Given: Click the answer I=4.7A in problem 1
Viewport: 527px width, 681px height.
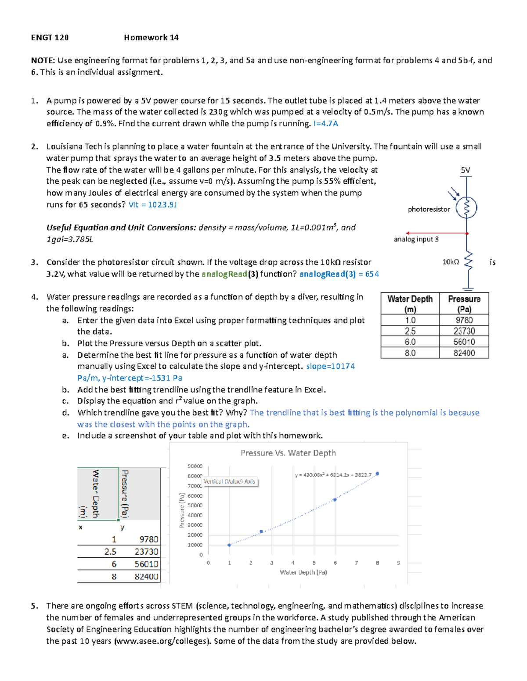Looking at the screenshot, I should (325, 124).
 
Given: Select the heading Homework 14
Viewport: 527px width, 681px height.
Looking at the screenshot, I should (151, 38).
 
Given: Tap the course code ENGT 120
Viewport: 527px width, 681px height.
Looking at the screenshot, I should (50, 38).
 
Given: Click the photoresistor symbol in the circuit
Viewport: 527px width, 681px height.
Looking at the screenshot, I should (466, 208).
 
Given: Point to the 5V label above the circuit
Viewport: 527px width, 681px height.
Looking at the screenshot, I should (466, 170).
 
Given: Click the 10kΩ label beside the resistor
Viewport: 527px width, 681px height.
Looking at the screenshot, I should (451, 262).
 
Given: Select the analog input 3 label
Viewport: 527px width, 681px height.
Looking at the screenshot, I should (416, 239).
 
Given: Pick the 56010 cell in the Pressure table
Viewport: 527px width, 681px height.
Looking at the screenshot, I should (464, 342).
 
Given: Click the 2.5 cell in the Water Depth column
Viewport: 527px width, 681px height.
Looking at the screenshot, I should (410, 331).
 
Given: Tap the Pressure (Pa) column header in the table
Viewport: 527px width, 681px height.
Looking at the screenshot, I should (464, 303).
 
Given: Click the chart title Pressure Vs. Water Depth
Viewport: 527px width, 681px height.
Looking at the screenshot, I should (288, 453).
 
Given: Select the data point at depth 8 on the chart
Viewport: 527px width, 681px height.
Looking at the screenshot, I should (377, 474).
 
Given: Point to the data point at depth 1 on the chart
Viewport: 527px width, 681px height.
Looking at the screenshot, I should (229, 545).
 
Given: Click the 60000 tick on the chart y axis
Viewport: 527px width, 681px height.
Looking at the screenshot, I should (195, 496).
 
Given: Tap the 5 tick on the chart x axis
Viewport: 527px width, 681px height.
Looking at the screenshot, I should (314, 563).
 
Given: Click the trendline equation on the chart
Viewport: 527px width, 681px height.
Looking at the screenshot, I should (333, 475).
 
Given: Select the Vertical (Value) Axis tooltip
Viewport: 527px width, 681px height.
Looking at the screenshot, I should (229, 481).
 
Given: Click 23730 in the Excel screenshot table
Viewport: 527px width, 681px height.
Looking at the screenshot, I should (146, 552).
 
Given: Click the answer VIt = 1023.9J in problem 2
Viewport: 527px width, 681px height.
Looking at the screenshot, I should (152, 205).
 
